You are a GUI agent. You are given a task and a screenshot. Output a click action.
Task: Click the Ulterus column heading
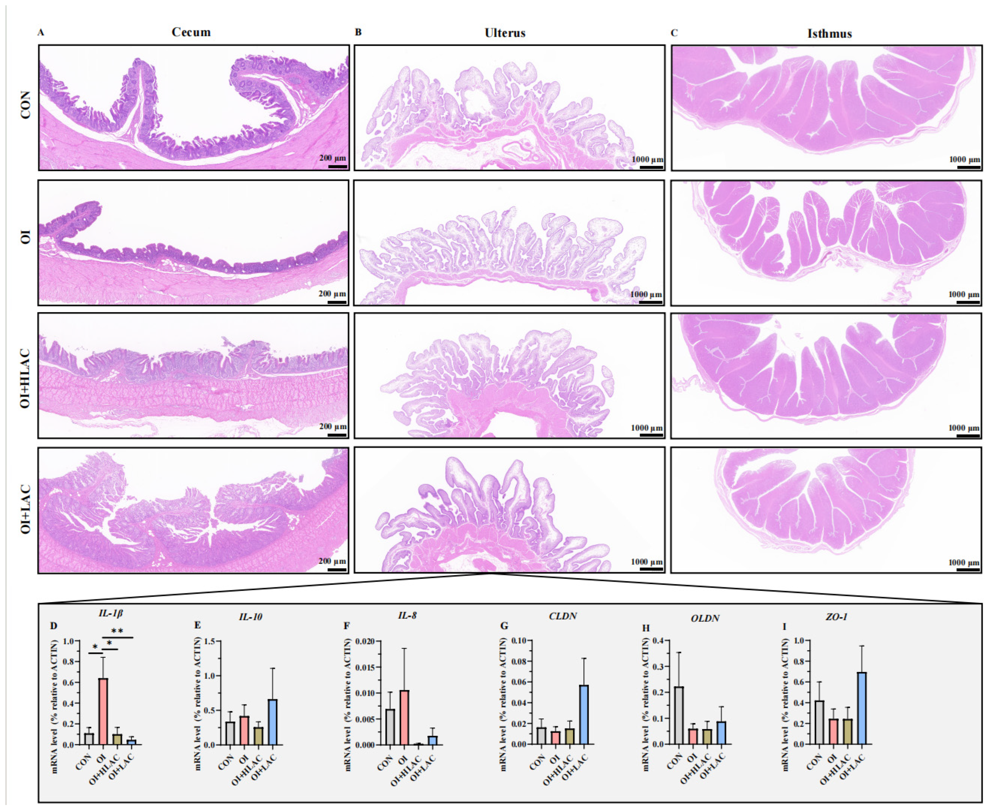coord(505,33)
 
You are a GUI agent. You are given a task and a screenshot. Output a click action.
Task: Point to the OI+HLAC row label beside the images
coord(26,378)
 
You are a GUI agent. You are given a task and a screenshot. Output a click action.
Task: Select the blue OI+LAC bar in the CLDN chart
coord(584,714)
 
